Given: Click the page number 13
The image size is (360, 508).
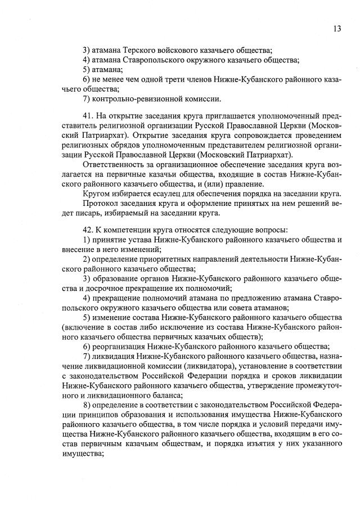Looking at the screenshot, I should coord(336,28).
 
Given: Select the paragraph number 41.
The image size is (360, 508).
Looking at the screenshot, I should coord(87,116).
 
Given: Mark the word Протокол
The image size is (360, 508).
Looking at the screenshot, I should coord(101,203).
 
